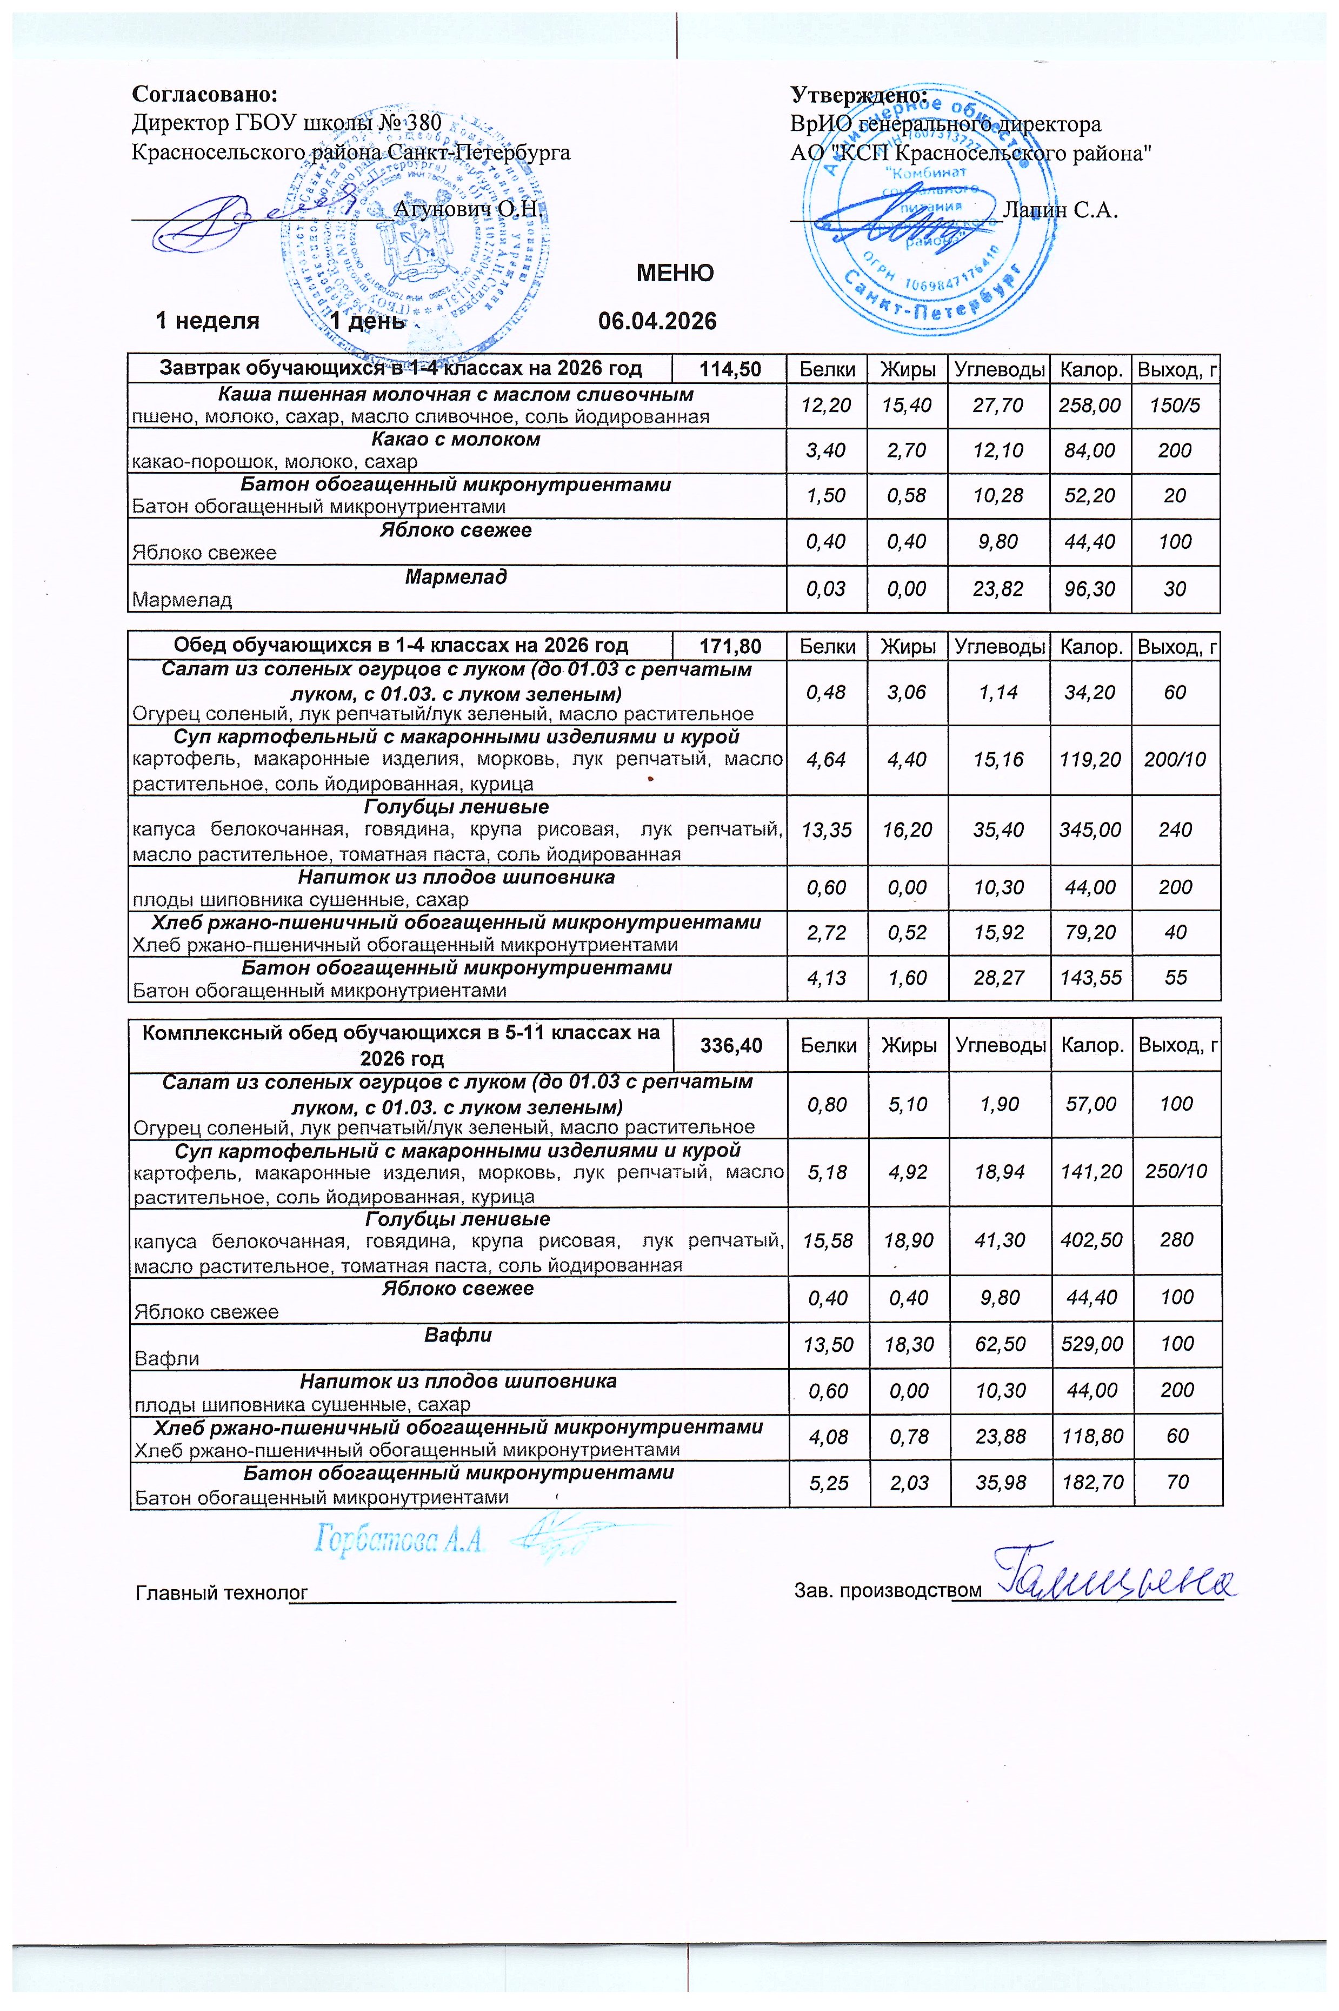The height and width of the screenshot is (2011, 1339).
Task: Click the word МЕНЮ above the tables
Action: click(x=675, y=274)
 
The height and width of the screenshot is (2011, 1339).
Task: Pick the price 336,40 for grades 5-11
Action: click(x=731, y=1045)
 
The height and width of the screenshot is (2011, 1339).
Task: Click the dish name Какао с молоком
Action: click(x=456, y=439)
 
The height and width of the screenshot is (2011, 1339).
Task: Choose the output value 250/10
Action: click(x=1176, y=1171)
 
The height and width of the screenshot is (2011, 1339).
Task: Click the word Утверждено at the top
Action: click(x=858, y=94)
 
